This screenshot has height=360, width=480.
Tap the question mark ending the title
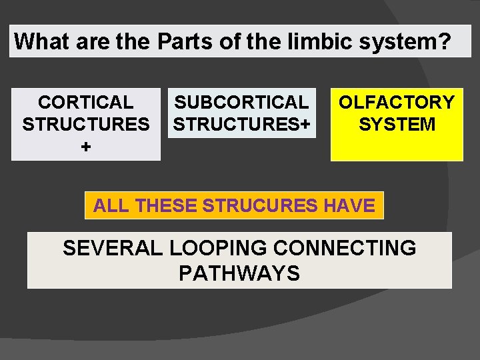click(444, 41)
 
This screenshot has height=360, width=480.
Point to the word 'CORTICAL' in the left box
click(86, 103)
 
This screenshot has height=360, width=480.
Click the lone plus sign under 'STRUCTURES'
click(86, 147)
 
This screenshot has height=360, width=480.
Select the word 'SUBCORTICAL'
click(241, 103)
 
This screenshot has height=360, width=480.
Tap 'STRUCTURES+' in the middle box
click(241, 125)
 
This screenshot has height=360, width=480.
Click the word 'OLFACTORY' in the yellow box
click(397, 103)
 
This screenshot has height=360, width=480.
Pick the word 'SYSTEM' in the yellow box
click(397, 125)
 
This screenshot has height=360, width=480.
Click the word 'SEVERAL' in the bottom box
click(112, 249)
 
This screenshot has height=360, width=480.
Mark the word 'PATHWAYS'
click(239, 273)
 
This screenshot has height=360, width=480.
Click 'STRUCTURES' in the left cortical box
click(86, 125)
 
